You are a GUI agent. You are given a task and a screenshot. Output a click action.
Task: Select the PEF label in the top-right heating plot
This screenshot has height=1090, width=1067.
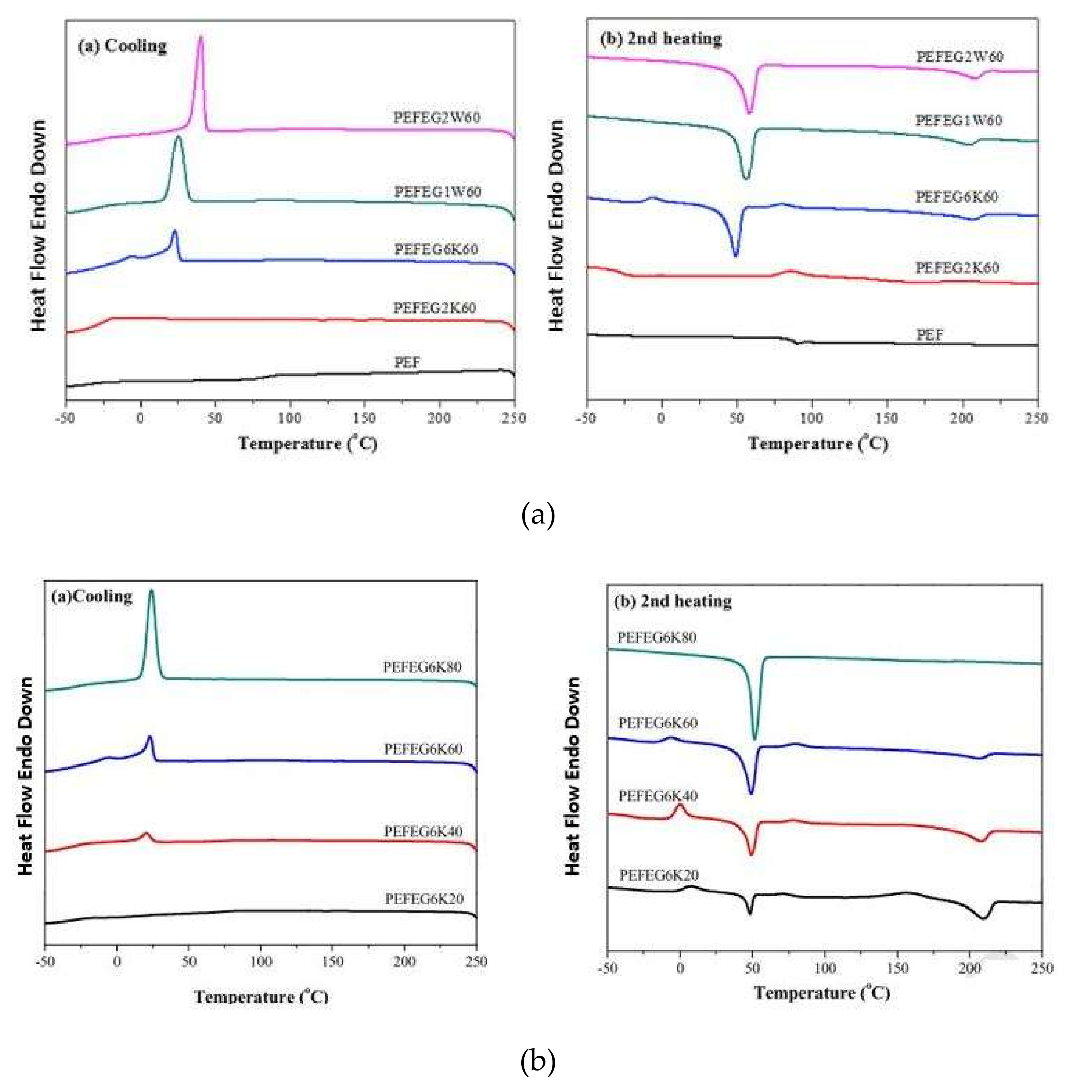coord(930,335)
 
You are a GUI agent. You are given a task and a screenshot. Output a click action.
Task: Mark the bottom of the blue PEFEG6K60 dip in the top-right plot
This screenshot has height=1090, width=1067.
coord(736,255)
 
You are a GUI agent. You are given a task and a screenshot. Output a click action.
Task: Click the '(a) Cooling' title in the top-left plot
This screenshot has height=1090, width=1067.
coord(122,46)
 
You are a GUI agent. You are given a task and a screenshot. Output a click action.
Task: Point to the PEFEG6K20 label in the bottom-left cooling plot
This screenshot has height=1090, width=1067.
coord(424,899)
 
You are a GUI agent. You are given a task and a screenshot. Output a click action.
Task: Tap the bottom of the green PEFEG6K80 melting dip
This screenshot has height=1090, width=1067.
coord(755,738)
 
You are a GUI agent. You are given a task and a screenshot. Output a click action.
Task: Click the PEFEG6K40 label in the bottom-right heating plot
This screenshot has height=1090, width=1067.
coord(658,796)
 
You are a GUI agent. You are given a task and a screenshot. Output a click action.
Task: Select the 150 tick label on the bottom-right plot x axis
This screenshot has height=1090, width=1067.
coord(897,968)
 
